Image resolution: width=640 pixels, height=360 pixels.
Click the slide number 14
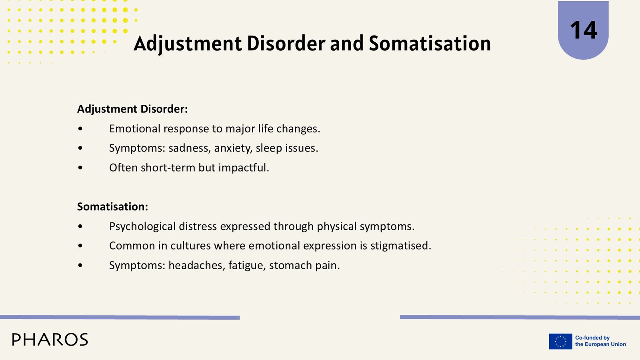(x=584, y=30)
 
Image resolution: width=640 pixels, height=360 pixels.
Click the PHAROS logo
(x=50, y=340)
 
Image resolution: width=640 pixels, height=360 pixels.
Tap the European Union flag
(x=560, y=342)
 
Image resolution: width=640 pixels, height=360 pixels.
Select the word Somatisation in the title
(x=430, y=44)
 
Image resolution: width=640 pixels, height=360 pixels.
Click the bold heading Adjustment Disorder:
(x=132, y=109)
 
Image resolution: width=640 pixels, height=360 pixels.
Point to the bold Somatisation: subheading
(x=112, y=206)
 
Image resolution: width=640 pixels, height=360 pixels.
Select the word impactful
(x=244, y=168)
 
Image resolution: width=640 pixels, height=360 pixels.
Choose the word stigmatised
(x=400, y=246)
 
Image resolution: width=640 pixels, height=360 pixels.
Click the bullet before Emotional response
(x=80, y=129)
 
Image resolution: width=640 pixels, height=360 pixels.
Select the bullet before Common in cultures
(x=80, y=246)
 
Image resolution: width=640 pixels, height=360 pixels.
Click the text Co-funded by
(x=592, y=338)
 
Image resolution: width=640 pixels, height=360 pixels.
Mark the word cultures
(x=190, y=246)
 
